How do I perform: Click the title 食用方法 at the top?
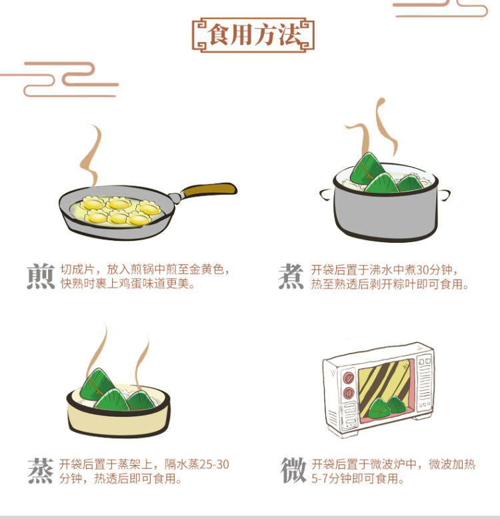(253, 35)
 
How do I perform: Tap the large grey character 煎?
(41, 276)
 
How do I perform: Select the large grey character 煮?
(291, 276)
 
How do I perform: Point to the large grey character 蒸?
(41, 471)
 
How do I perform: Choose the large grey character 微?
(293, 470)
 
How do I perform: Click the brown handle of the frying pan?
(209, 190)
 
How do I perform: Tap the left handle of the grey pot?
(326, 194)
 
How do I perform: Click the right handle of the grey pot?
(444, 195)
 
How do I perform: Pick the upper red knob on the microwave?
(349, 378)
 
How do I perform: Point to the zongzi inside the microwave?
(387, 407)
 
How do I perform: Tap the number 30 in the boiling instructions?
(423, 270)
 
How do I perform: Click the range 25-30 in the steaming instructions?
(214, 464)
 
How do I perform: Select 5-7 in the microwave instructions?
(320, 478)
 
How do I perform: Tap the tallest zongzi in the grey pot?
(366, 169)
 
